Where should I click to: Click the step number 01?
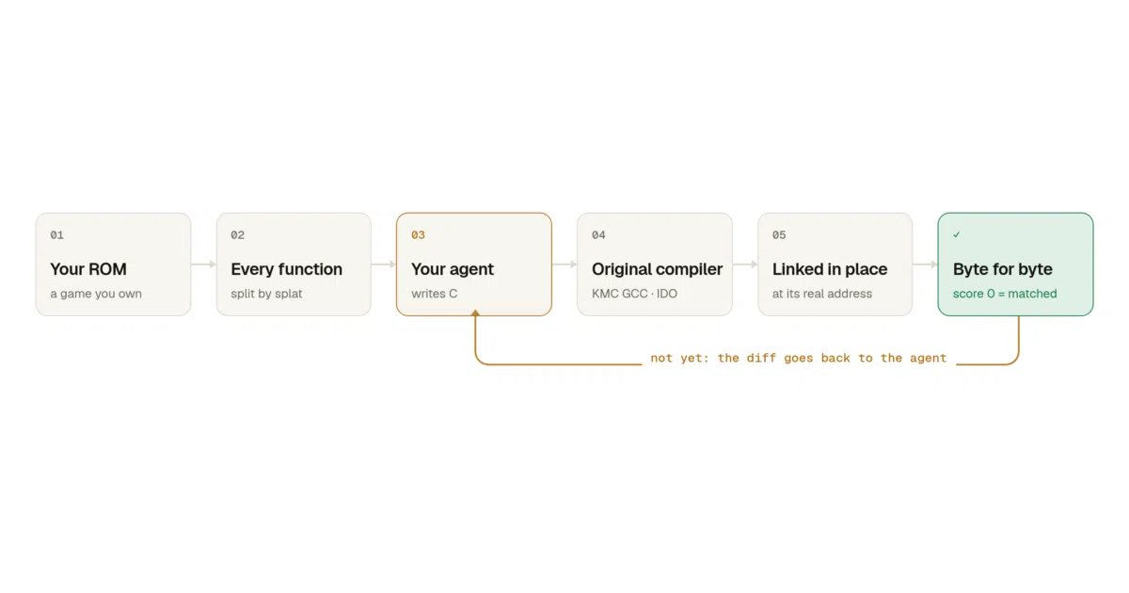pyautogui.click(x=57, y=235)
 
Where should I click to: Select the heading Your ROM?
pyautogui.click(x=88, y=269)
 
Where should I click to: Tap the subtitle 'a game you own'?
pyautogui.click(x=96, y=294)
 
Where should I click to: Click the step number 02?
pyautogui.click(x=237, y=235)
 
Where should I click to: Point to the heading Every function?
pyautogui.click(x=286, y=269)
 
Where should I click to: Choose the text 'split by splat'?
pyautogui.click(x=266, y=294)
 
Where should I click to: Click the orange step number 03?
pyautogui.click(x=418, y=235)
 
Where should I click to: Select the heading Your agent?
pyautogui.click(x=453, y=269)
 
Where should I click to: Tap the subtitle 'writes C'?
pyautogui.click(x=434, y=294)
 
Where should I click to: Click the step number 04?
pyautogui.click(x=598, y=235)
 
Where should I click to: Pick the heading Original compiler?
pyautogui.click(x=657, y=269)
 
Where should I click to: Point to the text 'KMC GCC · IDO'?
pyautogui.click(x=634, y=294)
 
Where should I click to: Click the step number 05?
pyautogui.click(x=779, y=235)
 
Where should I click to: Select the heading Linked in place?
pyautogui.click(x=830, y=269)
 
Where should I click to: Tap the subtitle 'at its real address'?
pyautogui.click(x=821, y=294)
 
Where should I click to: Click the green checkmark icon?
pyautogui.click(x=956, y=234)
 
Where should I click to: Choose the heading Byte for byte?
pyautogui.click(x=1003, y=269)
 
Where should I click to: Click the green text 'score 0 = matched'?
pyautogui.click(x=1005, y=294)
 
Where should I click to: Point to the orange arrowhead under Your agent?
pyautogui.click(x=475, y=313)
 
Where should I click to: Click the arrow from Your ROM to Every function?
pyautogui.click(x=203, y=264)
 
